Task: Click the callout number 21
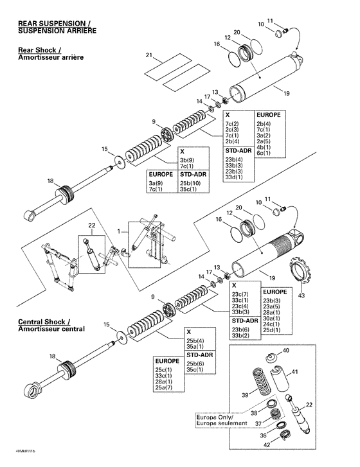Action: (x=149, y=55)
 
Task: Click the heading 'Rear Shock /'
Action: (x=40, y=49)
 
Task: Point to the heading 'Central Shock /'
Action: (x=44, y=321)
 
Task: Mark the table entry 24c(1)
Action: (x=271, y=324)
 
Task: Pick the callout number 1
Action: (x=118, y=229)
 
